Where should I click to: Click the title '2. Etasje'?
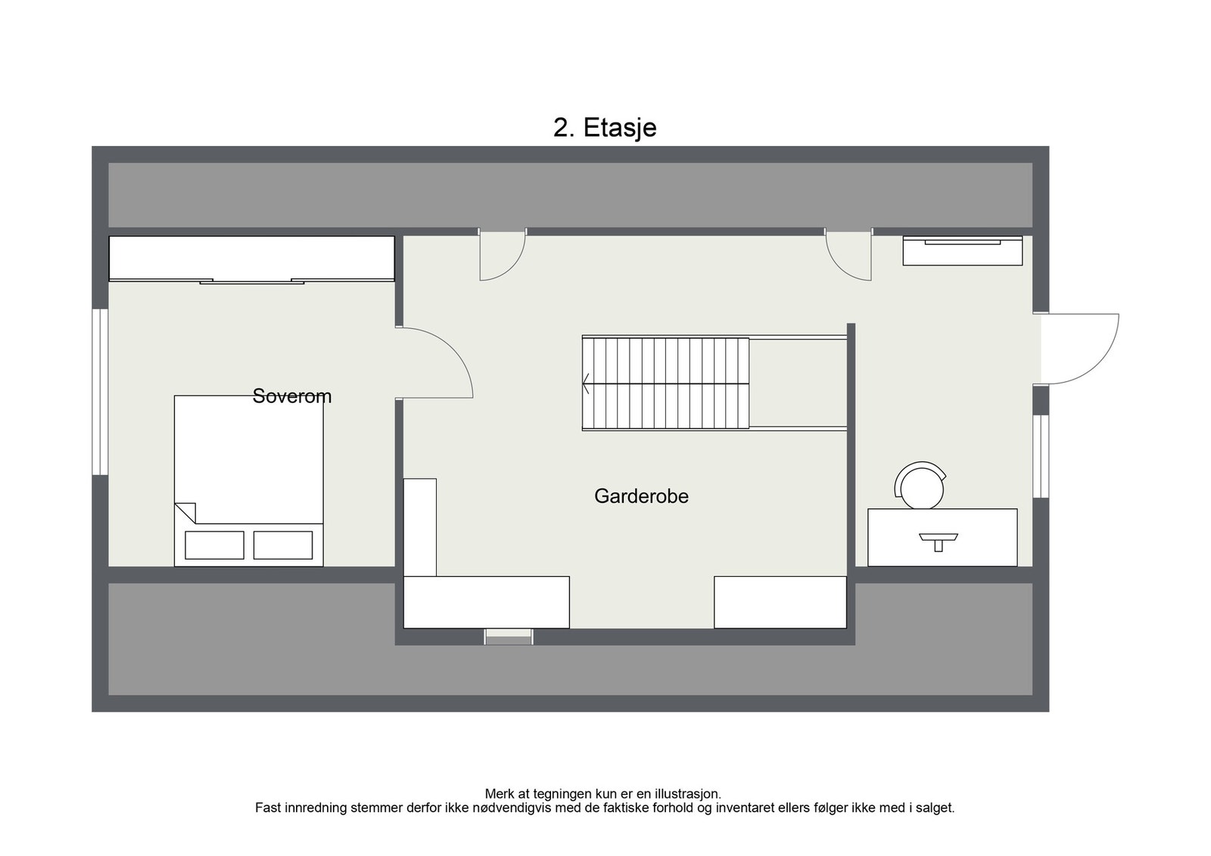(x=604, y=128)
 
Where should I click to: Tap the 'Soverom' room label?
(x=291, y=396)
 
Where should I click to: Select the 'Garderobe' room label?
(x=641, y=496)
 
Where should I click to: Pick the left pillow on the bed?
(x=214, y=545)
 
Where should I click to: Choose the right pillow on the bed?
(x=282, y=545)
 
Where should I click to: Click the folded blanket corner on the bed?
(x=186, y=512)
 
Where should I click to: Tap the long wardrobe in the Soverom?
(x=251, y=259)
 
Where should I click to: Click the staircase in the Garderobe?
(x=665, y=384)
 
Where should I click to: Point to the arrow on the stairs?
(x=587, y=384)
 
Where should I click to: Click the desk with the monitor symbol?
(x=942, y=538)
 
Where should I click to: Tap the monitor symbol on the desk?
(x=939, y=541)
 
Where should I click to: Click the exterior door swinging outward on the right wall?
(x=1079, y=348)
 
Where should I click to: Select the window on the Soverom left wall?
(x=100, y=392)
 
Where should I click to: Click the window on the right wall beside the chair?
(x=1041, y=456)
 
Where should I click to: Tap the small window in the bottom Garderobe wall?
(x=509, y=637)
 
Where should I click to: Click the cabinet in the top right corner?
(x=962, y=251)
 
